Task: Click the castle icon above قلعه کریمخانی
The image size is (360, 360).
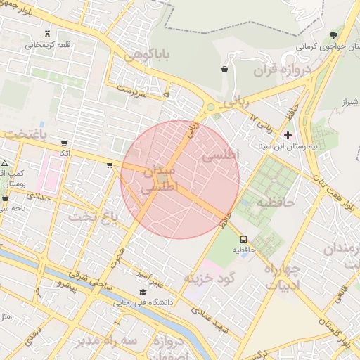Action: coord(48,34)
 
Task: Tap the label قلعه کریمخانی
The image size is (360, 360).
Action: coord(49,45)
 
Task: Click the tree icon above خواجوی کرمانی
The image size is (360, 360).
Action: coord(333,34)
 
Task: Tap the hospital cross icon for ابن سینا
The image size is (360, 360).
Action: coord(287,134)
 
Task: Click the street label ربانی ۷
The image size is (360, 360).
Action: coord(263,124)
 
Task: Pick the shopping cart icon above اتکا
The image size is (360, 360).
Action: coord(65,143)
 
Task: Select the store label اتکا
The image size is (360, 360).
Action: coord(64,153)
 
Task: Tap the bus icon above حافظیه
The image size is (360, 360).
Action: coord(243,239)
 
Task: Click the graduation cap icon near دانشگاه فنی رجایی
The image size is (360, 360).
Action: coord(143,292)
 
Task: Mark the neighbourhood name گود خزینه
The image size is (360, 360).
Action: coord(207,278)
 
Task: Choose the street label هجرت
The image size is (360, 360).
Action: coord(118,261)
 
